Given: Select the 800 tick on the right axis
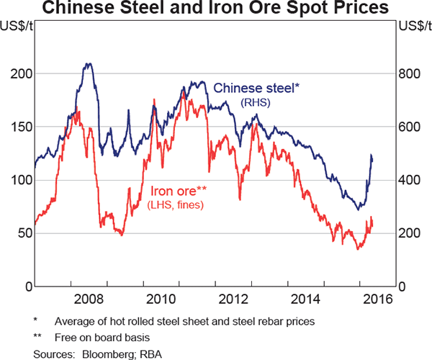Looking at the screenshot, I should tap(411, 73).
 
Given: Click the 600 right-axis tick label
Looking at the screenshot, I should tap(411, 127).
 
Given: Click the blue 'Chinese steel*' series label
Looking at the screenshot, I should tap(256, 89).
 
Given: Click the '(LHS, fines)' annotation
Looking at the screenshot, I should tap(176, 206).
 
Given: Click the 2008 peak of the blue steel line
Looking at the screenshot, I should tap(89, 64).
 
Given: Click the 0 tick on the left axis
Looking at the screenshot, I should tap(26, 286).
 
